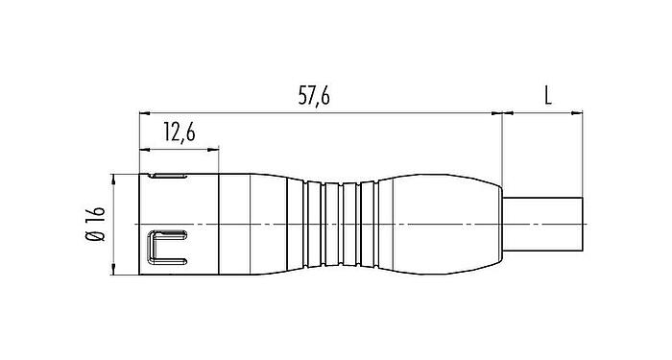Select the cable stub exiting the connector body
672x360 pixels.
[x=542, y=225]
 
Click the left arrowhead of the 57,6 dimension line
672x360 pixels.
[x=145, y=113]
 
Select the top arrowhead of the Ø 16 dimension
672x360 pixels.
[x=114, y=179]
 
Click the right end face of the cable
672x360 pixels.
[x=584, y=225]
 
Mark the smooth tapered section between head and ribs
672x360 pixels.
[x=264, y=225]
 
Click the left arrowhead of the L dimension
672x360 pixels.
[x=507, y=113]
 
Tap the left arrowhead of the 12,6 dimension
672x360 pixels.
[x=145, y=149]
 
